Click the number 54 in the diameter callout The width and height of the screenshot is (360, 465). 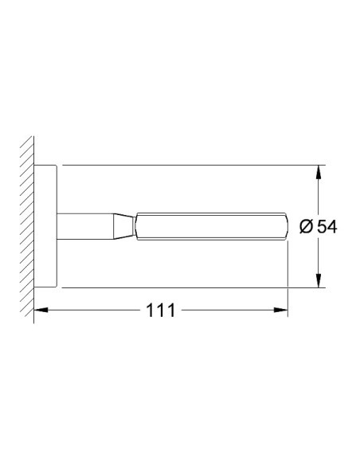pos(327,227)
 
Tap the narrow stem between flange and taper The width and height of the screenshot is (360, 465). pos(88,227)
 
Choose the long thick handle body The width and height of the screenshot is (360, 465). pos(207,227)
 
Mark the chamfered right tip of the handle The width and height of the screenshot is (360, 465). pos(284,227)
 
